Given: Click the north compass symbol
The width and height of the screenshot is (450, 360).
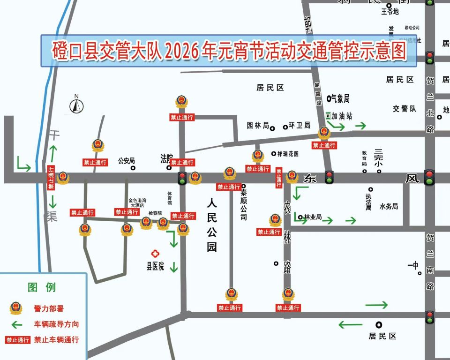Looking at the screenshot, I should pyautogui.click(x=76, y=105).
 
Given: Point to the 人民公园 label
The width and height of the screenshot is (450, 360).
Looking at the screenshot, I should pyautogui.click(x=212, y=225).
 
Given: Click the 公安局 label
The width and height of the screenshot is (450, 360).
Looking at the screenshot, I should pyautogui.click(x=126, y=160).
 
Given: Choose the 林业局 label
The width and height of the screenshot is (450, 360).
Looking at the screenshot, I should pyautogui.click(x=313, y=217).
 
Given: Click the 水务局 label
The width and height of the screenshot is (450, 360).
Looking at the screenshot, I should pyautogui.click(x=389, y=206).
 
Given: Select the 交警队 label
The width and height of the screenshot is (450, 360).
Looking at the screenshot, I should pyautogui.click(x=405, y=109).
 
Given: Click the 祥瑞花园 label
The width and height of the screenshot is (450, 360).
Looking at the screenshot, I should pyautogui.click(x=288, y=154).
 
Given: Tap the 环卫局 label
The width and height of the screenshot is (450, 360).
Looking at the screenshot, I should pyautogui.click(x=300, y=126).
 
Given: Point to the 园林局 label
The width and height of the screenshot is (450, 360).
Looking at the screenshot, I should pyautogui.click(x=258, y=126).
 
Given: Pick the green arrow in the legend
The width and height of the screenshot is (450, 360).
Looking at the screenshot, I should pyautogui.click(x=17, y=324).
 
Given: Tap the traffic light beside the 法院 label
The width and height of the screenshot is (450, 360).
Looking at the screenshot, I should pyautogui.click(x=182, y=178).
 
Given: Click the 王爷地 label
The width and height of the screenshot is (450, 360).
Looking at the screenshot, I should pyautogui.click(x=390, y=12).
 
